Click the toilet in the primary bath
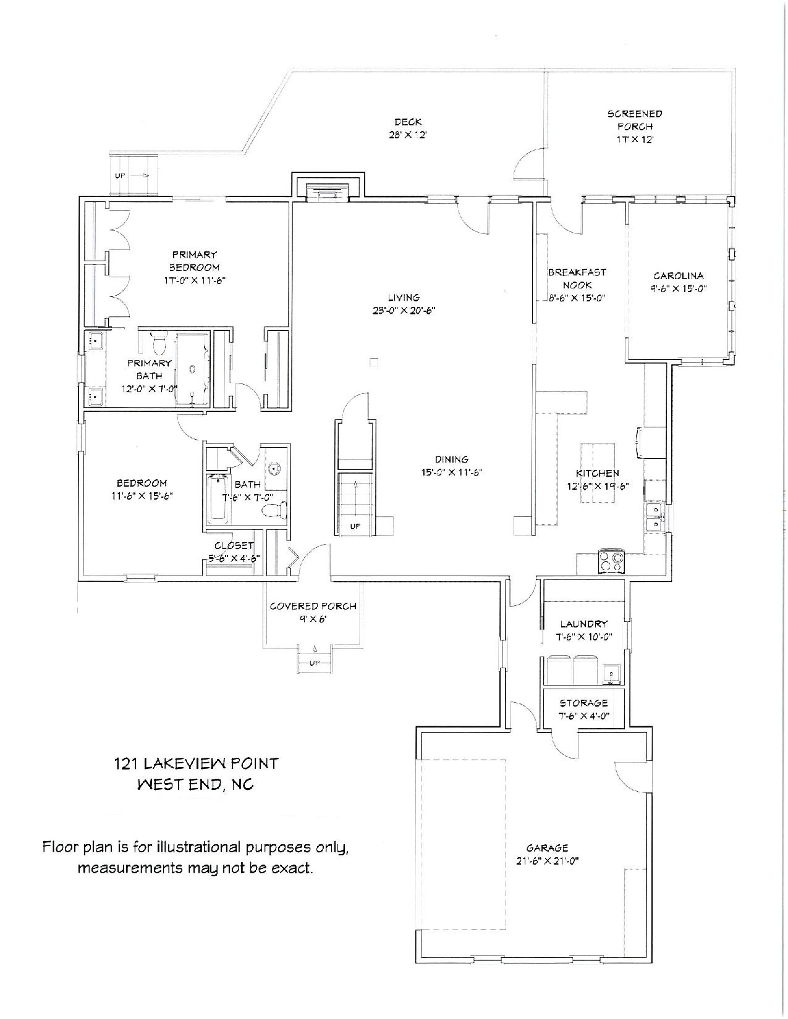159,344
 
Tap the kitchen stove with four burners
611,561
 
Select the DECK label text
408,122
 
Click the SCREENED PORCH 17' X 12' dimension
635,140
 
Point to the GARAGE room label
547,848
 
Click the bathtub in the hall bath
218,498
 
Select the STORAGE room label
583,703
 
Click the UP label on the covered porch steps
315,663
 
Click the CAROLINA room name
678,275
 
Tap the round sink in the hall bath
274,468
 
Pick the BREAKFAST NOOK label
577,279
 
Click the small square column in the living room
374,362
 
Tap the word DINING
452,459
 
